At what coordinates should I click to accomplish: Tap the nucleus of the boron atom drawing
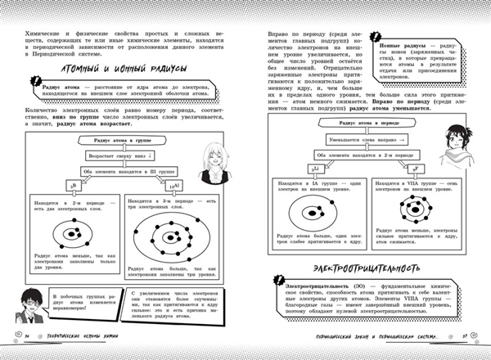[71, 234]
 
